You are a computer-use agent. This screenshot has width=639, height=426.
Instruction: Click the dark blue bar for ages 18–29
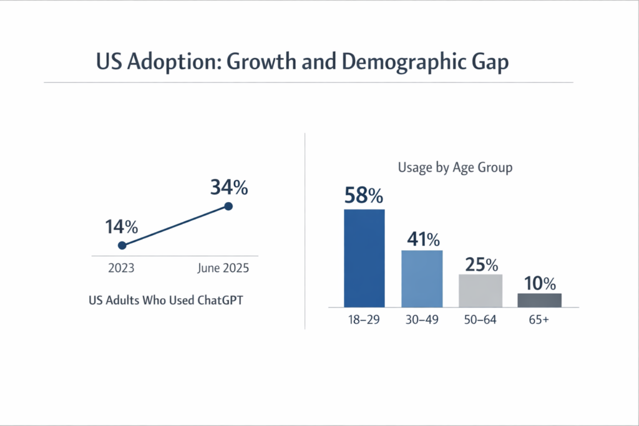(364, 258)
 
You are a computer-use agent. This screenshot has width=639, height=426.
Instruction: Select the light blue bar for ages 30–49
(422, 278)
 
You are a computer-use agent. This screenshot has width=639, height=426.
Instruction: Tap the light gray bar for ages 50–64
(480, 291)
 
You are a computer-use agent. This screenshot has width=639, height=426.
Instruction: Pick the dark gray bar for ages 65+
(539, 300)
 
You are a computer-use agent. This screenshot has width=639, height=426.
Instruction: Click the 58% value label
(364, 196)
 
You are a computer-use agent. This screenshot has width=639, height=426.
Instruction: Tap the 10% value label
(539, 283)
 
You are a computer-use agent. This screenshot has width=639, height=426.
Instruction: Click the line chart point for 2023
(122, 245)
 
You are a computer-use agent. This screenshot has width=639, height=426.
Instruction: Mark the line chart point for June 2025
(228, 206)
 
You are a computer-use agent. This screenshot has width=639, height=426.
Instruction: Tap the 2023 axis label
(121, 269)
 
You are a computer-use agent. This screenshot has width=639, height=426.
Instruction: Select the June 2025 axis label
(223, 269)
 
